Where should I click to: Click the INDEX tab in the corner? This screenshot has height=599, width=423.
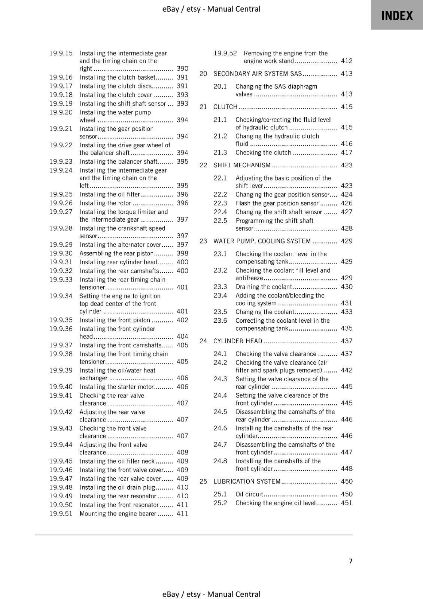(x=397, y=15)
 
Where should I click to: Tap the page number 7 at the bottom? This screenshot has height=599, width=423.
(x=351, y=561)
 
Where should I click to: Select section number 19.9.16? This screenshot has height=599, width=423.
(x=61, y=77)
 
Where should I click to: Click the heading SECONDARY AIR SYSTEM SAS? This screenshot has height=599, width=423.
(x=258, y=74)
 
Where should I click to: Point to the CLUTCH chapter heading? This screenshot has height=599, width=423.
(x=225, y=107)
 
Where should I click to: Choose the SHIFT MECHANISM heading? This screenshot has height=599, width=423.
(x=242, y=165)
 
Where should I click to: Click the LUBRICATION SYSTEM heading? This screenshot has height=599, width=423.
(x=247, y=481)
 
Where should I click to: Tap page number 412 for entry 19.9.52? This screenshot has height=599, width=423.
(x=347, y=61)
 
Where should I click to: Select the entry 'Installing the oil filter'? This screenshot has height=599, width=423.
(x=110, y=194)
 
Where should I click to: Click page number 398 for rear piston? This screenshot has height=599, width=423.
(x=182, y=253)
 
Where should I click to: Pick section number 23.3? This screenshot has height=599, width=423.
(x=220, y=287)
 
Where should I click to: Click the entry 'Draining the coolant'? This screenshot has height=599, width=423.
(x=264, y=287)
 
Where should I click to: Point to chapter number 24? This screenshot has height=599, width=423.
(x=203, y=341)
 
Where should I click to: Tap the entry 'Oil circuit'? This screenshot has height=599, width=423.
(x=249, y=494)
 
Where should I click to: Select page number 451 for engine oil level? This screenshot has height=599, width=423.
(x=347, y=503)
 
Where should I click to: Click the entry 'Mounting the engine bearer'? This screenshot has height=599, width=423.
(x=118, y=514)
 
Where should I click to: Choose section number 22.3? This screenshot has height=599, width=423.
(x=220, y=203)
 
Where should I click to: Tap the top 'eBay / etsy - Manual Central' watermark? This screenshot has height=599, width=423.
(x=211, y=9)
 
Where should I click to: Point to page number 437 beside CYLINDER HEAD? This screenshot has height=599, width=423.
(x=347, y=341)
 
